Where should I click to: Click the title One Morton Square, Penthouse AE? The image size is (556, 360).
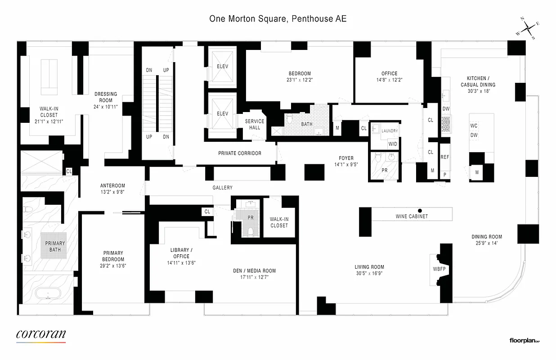[278, 19]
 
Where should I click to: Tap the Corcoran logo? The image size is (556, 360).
[41, 334]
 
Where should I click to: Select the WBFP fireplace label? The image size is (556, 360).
[439, 269]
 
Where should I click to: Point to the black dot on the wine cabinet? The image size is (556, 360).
[420, 210]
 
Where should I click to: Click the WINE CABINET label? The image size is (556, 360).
[412, 216]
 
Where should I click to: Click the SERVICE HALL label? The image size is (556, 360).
[255, 124]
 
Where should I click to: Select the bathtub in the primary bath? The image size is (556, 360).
[48, 296]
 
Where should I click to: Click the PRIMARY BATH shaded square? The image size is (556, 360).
[55, 246]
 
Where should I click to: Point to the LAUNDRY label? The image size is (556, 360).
[390, 131]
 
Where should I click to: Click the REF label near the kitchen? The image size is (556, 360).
[444, 157]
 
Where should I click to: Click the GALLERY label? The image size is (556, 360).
[223, 188]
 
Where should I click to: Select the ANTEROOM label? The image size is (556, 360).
[112, 185]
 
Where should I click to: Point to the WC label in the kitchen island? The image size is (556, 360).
[474, 126]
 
